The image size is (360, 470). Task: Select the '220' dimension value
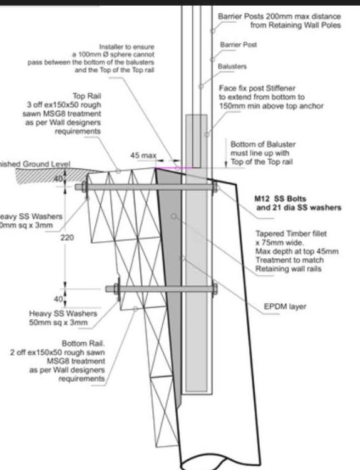tap(66, 238)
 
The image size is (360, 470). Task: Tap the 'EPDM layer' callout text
tap(284, 306)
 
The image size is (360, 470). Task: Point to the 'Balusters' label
tap(232, 66)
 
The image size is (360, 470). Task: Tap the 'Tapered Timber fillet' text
tap(291, 233)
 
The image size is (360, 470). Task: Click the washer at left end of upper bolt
tap(80, 187)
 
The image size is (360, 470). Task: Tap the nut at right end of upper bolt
tap(215, 187)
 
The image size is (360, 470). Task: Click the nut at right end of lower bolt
tap(215, 289)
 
